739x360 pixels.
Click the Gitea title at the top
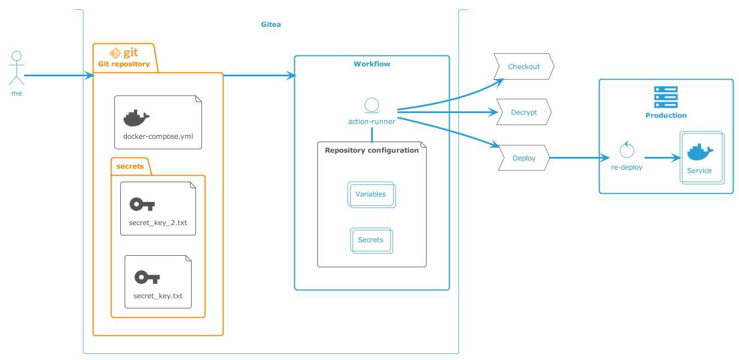point(271,25)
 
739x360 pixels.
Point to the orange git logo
point(124,53)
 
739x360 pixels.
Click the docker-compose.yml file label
point(158,136)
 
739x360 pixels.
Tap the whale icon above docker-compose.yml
point(136,118)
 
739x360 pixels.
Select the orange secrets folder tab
point(130,166)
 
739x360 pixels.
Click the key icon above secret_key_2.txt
point(142,205)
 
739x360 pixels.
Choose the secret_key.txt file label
point(158,296)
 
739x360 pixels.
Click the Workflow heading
point(372,64)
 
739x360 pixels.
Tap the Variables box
point(371,195)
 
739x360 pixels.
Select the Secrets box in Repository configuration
point(371,240)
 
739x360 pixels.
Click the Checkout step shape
point(524,67)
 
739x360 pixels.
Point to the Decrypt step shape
point(524,113)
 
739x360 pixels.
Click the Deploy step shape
point(524,158)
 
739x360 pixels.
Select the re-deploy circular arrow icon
point(626,150)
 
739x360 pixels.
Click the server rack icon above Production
point(665,97)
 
